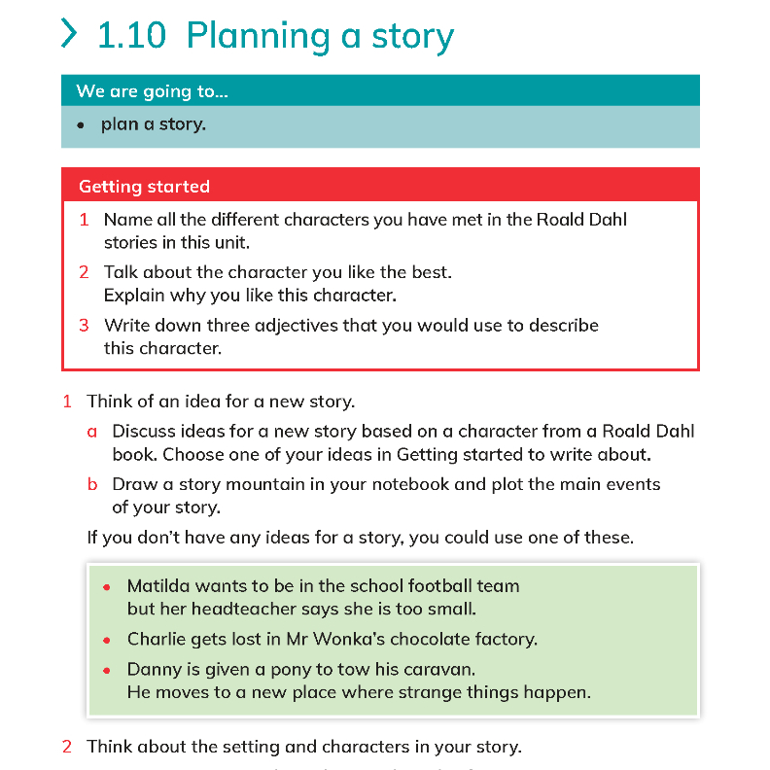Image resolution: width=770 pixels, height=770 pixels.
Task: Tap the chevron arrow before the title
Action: coord(69,34)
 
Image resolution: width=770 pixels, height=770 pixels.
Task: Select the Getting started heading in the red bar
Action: coord(144,187)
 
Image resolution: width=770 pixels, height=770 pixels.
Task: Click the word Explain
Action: coord(134,296)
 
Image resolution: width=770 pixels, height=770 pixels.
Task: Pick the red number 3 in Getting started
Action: coord(84,326)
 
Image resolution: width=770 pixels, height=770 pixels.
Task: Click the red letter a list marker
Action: coord(92,432)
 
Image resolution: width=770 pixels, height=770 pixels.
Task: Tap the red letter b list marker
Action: coord(92,484)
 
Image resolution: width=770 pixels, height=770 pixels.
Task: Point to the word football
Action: coord(401,586)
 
